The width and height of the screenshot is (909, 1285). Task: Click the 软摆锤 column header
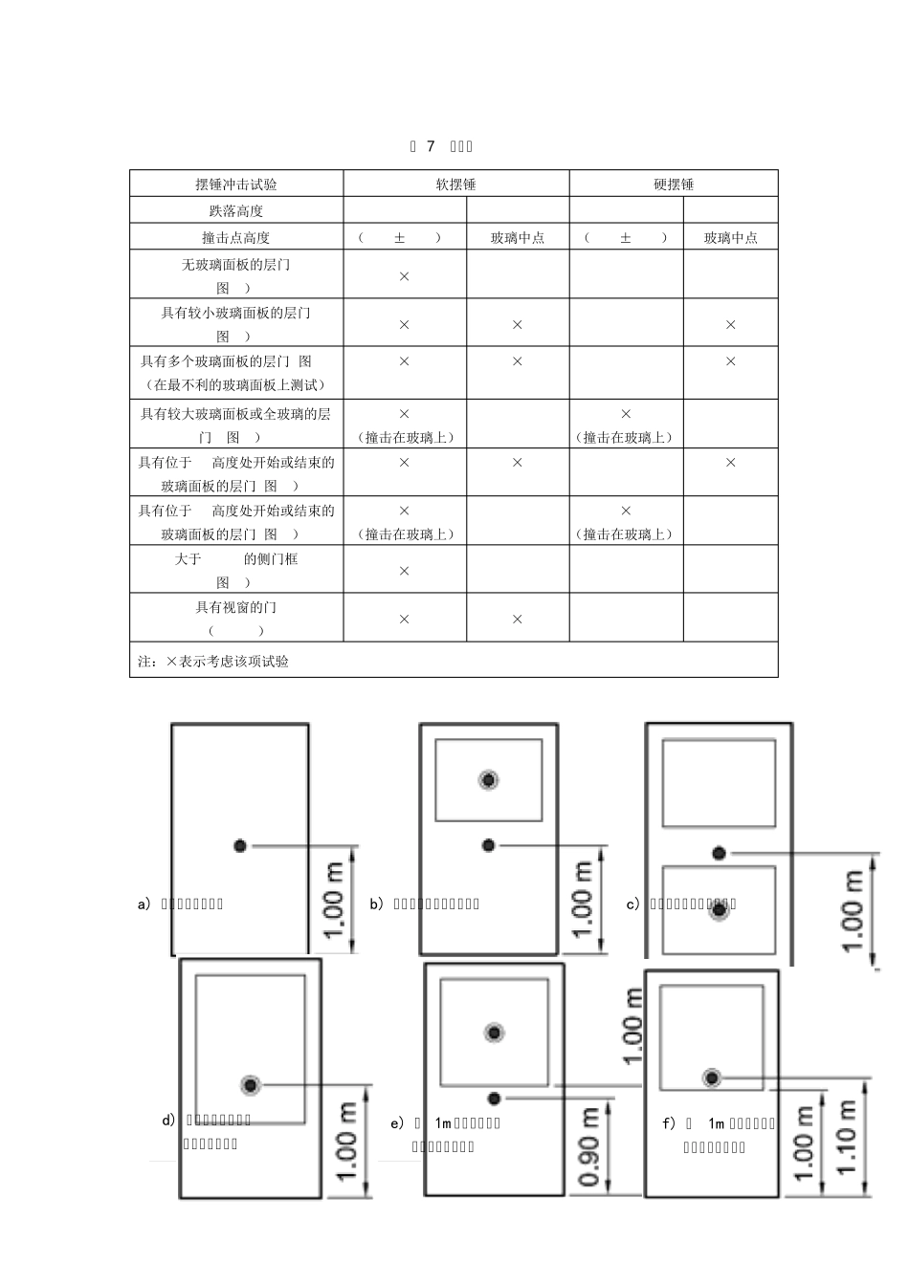455,185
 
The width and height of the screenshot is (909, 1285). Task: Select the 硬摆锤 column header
674,185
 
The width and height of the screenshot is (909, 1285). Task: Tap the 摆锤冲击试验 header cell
236,185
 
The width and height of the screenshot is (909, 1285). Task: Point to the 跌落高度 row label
236,211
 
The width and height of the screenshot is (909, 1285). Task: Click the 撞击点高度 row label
236,238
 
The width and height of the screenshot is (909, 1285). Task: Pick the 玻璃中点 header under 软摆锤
518,238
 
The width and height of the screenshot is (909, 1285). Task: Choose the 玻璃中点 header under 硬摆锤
731,238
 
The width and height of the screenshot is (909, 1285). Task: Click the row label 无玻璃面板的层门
236,265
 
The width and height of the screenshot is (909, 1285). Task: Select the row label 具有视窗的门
236,607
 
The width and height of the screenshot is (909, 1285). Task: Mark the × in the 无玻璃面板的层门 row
404,276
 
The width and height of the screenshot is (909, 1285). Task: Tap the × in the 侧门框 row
404,571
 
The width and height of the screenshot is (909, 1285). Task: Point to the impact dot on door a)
240,845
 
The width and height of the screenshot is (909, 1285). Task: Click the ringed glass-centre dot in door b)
489,780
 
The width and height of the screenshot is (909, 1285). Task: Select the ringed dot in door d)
251,1084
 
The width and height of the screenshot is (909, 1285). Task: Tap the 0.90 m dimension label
589,1146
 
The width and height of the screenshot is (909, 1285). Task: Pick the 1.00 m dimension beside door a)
333,900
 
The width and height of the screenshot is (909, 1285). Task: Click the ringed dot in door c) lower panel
719,911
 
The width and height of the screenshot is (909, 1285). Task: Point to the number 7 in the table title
431,146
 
